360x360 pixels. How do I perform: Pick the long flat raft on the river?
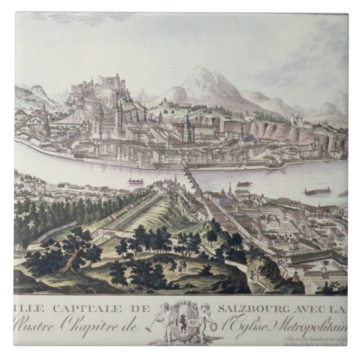click(316, 192)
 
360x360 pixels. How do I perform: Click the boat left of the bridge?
click(135, 181)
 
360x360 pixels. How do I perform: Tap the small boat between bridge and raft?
click(244, 183)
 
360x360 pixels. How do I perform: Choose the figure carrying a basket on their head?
click(324, 269)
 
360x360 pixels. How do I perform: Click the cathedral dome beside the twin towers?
click(101, 111)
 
